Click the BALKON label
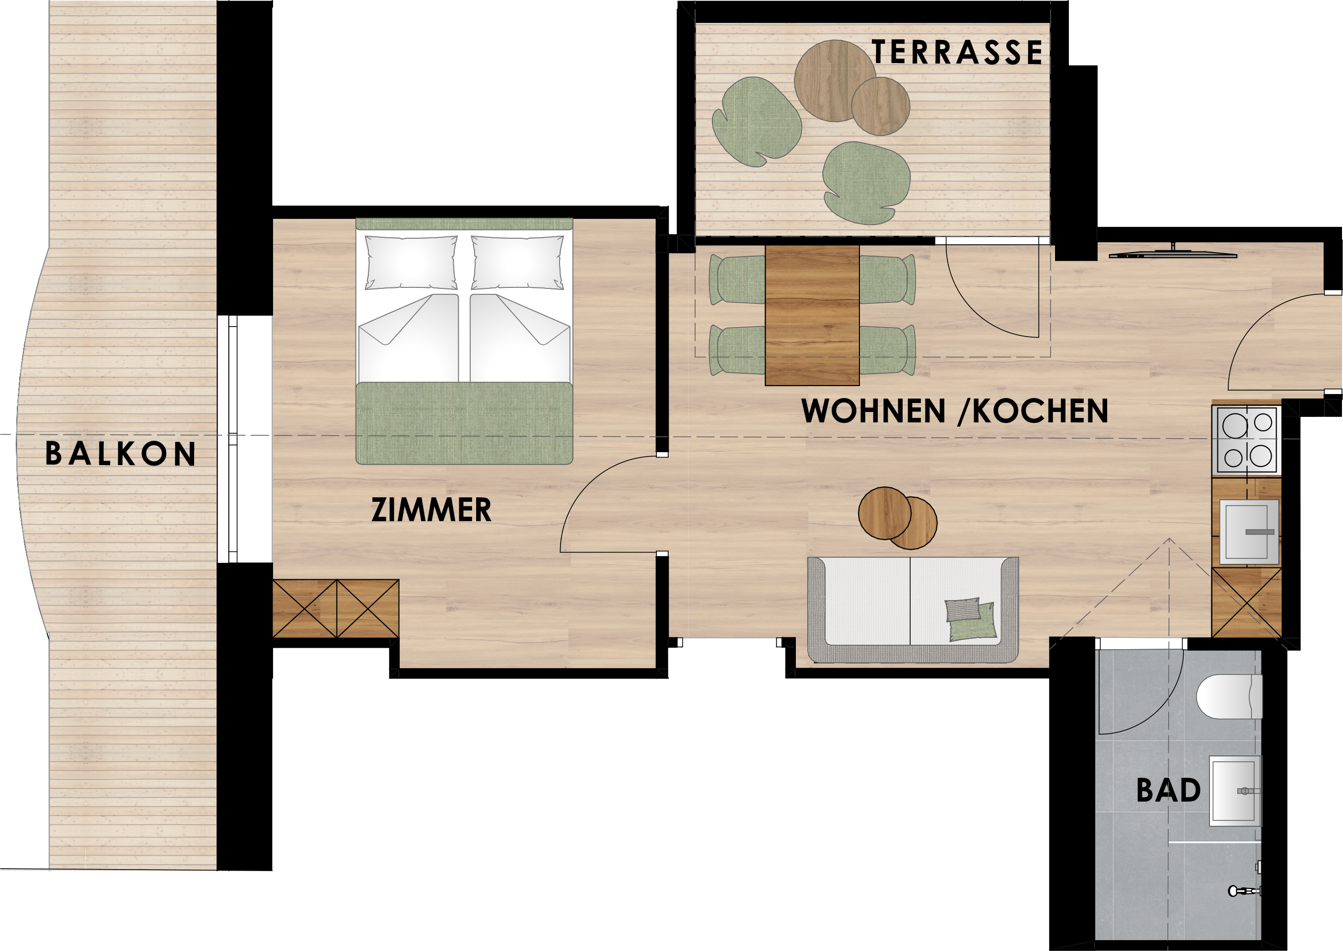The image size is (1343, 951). (x=121, y=454)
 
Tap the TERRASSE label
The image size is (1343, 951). (x=958, y=52)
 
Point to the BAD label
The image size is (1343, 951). (x=1168, y=791)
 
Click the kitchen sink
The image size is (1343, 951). (x=1249, y=532)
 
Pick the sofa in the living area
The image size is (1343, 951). (x=913, y=610)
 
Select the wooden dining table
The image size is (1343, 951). (x=812, y=315)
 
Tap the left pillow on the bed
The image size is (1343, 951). (x=411, y=263)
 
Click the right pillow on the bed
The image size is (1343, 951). (x=518, y=263)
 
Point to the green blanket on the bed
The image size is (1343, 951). (x=464, y=423)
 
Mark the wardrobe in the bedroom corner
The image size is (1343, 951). (x=336, y=609)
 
